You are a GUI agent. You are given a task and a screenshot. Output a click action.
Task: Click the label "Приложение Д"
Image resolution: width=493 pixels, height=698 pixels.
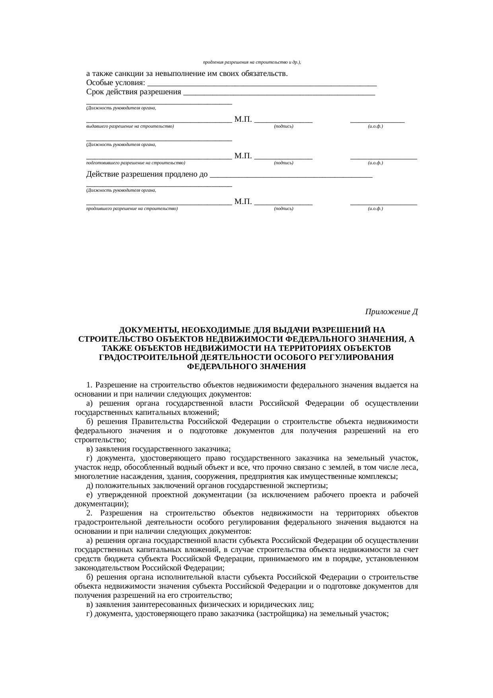pos(391,311)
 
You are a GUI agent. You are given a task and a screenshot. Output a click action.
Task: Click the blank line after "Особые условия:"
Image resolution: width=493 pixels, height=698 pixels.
pos(262,84)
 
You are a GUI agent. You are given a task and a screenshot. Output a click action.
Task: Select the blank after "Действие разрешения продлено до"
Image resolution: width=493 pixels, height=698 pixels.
pos(291,175)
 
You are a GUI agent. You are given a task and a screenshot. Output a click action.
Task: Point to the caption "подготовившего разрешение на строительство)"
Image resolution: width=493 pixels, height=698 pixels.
pos(136,163)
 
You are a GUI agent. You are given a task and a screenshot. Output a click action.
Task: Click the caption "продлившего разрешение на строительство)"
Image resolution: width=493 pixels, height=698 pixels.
pos(132,208)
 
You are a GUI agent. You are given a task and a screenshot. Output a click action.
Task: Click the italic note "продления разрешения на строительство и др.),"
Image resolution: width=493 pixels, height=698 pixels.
pos(252,62)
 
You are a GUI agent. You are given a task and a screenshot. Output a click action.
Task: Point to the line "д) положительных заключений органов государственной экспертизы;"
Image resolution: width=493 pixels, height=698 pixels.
pos(207,486)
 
